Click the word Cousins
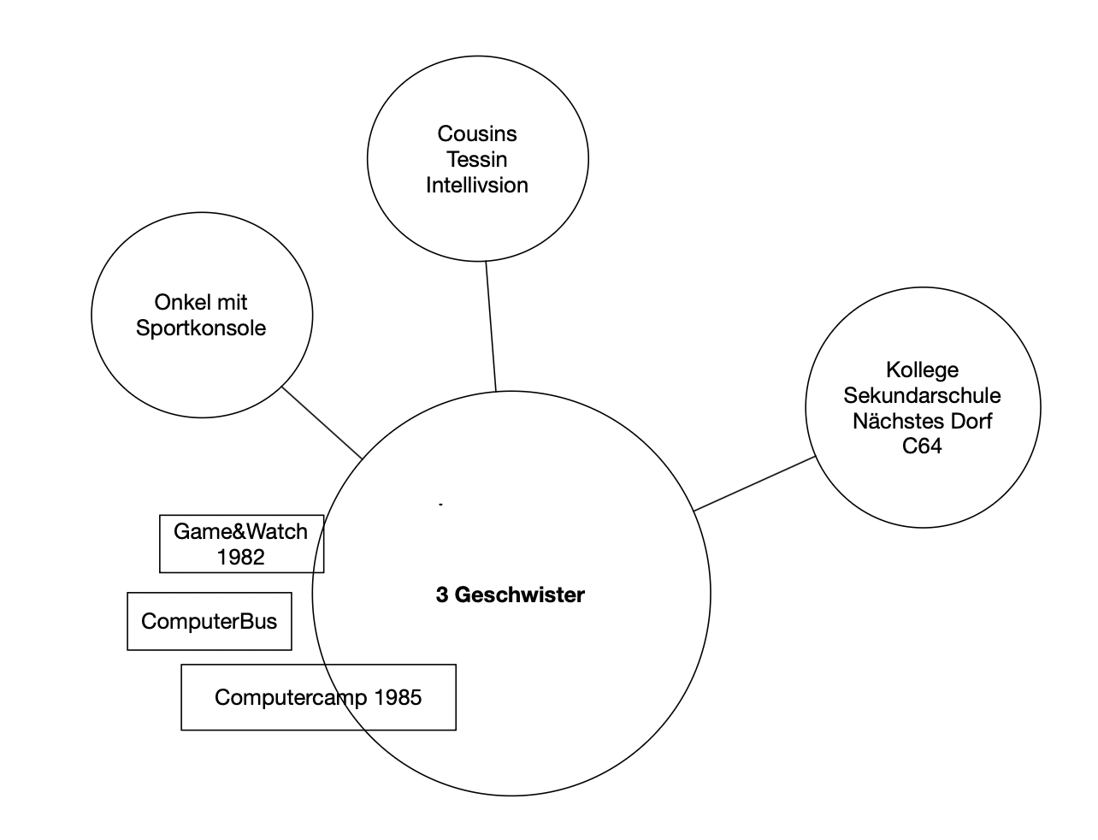477,134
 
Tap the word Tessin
477,160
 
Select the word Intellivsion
477,186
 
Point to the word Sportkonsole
201,328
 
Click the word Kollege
922,370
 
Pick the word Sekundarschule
922,396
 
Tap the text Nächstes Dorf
922,422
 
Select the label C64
922,447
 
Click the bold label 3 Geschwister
511,595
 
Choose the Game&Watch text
240,532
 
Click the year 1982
240,558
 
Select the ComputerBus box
210,622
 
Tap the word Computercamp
291,698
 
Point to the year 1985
398,698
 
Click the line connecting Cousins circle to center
491,326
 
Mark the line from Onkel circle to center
322,423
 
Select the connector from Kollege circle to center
754,483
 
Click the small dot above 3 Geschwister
440,506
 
